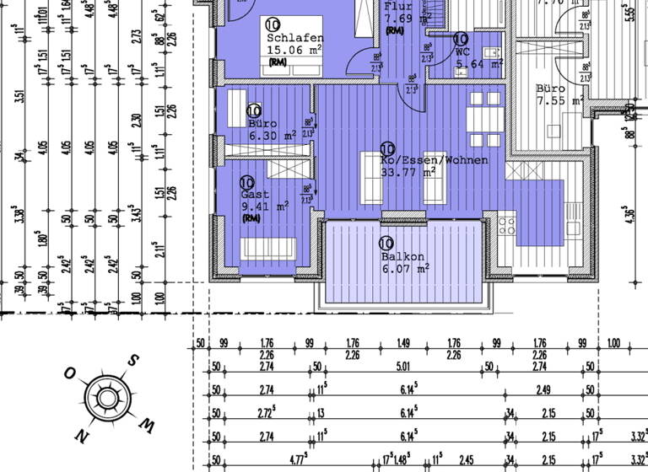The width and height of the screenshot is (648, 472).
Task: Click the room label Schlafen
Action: [294, 38]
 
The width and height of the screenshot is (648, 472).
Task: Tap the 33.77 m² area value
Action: [408, 172]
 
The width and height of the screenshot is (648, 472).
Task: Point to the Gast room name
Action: [255, 194]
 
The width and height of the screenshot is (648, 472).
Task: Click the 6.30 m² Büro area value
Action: [272, 135]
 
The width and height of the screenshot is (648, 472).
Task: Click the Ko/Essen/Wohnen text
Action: [434, 159]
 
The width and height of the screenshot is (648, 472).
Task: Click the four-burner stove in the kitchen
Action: [507, 225]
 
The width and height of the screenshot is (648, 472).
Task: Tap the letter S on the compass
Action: [132, 361]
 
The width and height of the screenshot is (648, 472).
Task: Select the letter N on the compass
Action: [81, 435]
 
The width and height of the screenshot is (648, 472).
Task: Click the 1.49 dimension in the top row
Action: [402, 343]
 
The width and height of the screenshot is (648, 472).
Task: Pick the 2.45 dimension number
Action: [467, 460]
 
